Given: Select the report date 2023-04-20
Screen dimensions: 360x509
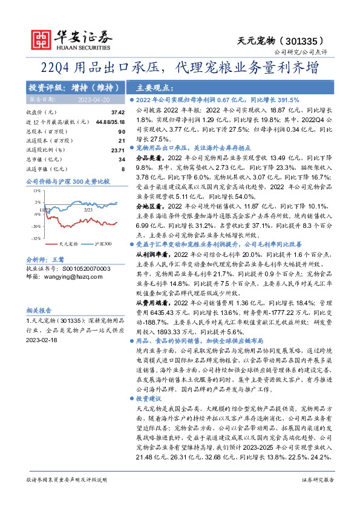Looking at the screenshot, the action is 94,99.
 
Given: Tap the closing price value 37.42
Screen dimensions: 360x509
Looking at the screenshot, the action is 117,112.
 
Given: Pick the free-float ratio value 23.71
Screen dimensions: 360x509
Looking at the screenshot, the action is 117,149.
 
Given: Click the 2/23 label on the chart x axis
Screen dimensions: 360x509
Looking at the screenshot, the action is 87,209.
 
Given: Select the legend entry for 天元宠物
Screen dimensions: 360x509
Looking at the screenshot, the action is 69,244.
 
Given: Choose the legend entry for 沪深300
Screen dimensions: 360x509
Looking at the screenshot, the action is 103,244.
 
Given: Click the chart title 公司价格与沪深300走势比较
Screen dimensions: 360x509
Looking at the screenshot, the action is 67,181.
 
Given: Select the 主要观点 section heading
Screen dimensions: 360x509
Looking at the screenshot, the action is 149,86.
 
